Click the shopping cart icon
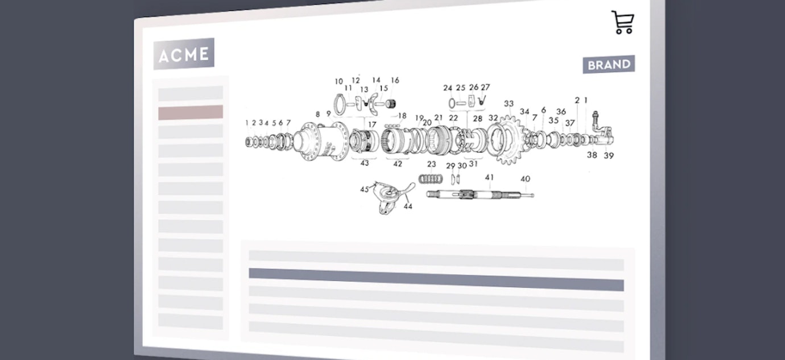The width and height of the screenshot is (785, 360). (623, 22)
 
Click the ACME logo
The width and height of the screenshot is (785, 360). (184, 54)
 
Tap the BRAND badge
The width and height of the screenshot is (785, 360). (609, 64)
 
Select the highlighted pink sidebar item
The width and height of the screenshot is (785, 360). (191, 113)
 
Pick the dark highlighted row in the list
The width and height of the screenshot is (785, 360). (436, 279)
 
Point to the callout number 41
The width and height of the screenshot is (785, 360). (489, 177)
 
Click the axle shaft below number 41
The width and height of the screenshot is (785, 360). (480, 195)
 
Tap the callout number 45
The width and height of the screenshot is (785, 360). (365, 189)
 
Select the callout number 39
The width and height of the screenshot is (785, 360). (609, 156)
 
